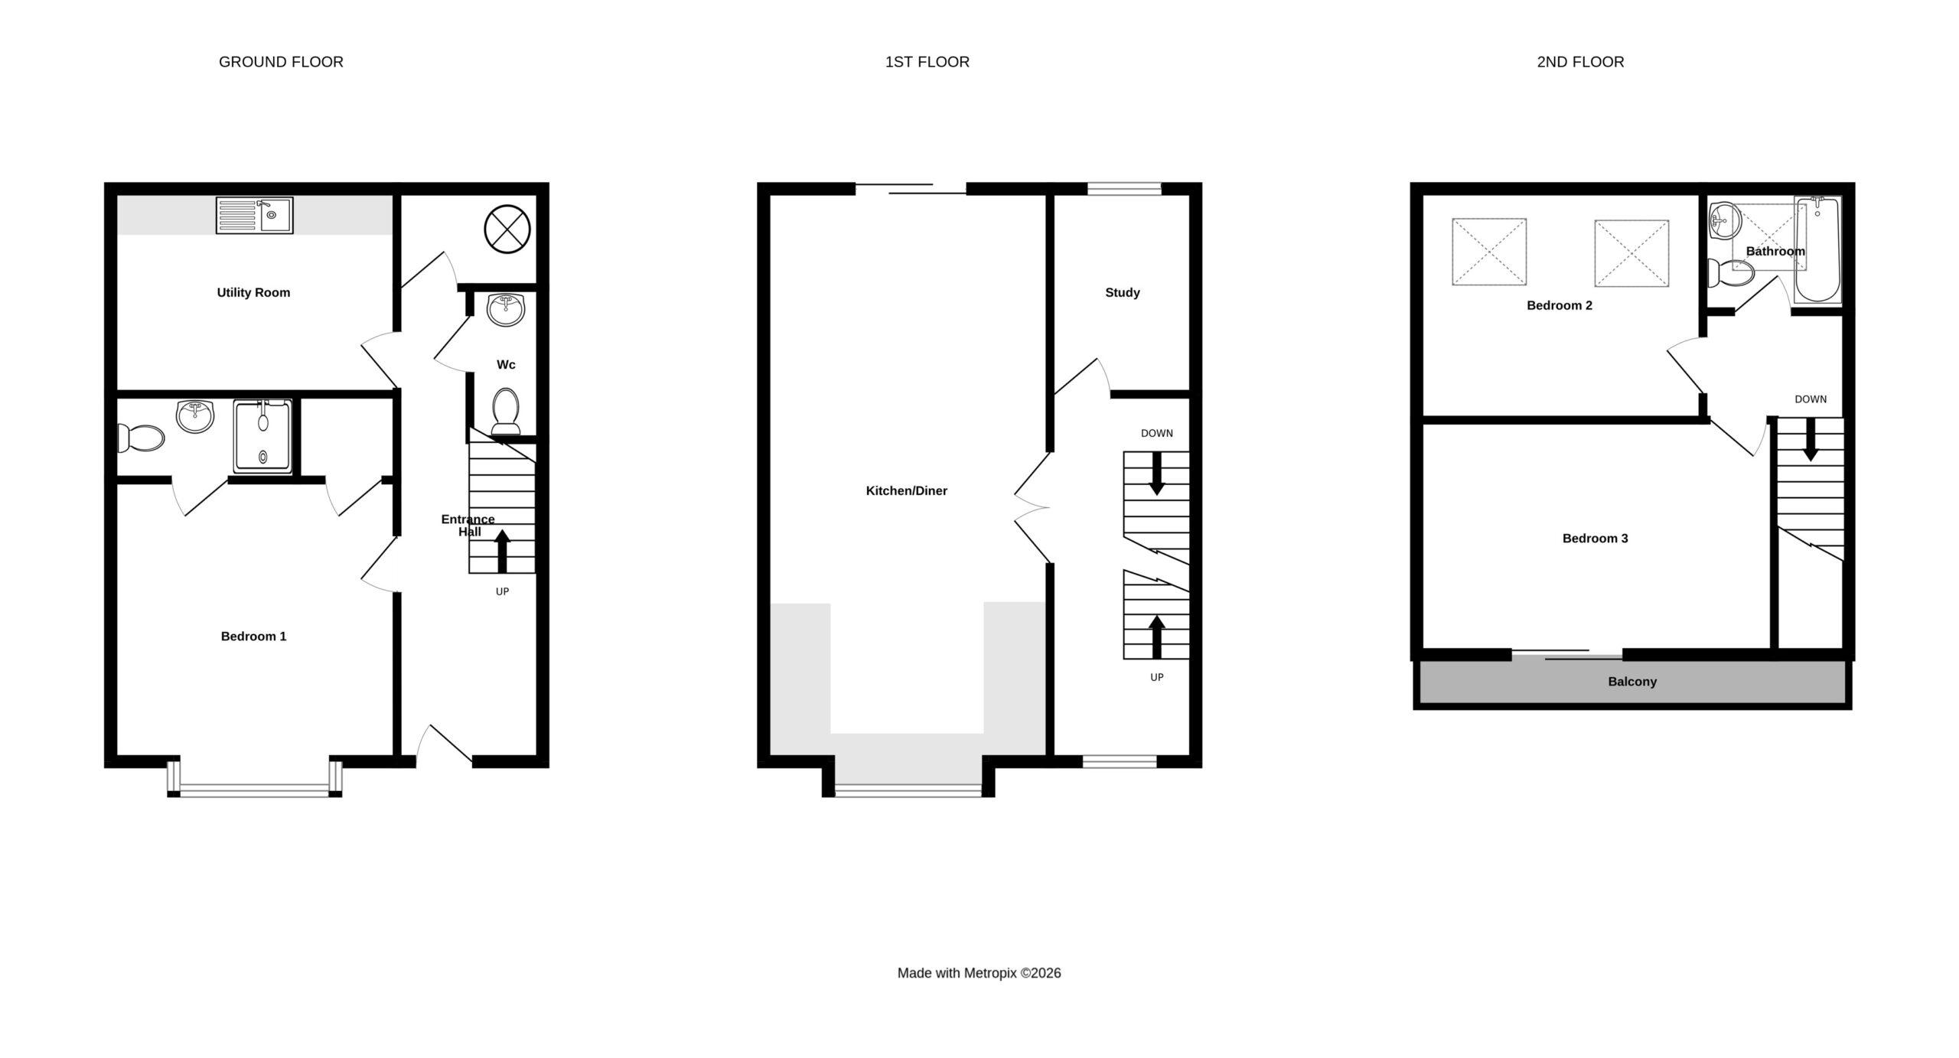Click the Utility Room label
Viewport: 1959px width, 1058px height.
pyautogui.click(x=253, y=292)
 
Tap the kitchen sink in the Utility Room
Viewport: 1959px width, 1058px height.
pyautogui.click(x=254, y=215)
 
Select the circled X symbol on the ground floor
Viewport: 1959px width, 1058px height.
pyautogui.click(x=507, y=229)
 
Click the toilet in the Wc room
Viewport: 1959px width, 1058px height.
pyautogui.click(x=506, y=412)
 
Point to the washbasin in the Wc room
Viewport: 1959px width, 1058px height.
pyautogui.click(x=506, y=309)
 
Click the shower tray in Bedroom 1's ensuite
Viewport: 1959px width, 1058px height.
pyautogui.click(x=262, y=436)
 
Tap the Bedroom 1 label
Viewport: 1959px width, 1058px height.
pyautogui.click(x=253, y=636)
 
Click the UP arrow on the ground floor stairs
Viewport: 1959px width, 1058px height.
pyautogui.click(x=502, y=551)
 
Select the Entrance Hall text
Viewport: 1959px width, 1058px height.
pyautogui.click(x=468, y=526)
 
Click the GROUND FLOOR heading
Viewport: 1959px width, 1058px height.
pyautogui.click(x=281, y=62)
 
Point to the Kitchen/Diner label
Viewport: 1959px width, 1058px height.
pyautogui.click(x=907, y=491)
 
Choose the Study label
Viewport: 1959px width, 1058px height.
pyautogui.click(x=1123, y=292)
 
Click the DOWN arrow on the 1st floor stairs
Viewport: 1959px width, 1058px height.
pyautogui.click(x=1157, y=473)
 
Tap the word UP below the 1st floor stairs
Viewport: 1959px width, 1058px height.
pyautogui.click(x=1157, y=677)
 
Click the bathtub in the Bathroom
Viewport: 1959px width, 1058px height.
pyautogui.click(x=1817, y=249)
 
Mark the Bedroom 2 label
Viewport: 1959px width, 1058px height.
pyautogui.click(x=1560, y=306)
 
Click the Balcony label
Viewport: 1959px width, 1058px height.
pyautogui.click(x=1632, y=682)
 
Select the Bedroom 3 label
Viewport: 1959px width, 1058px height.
pyautogui.click(x=1596, y=539)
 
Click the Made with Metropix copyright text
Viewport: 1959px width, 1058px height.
pyautogui.click(x=979, y=973)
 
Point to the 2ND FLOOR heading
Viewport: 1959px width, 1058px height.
pyautogui.click(x=1581, y=62)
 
